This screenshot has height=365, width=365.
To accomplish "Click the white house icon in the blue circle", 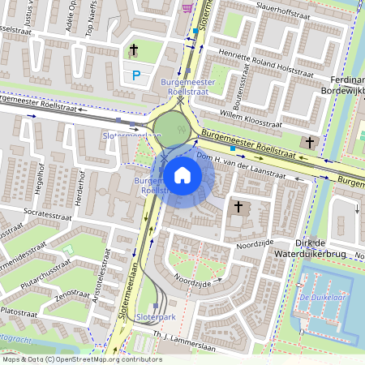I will coord(182,174).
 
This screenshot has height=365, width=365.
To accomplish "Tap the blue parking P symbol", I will coord(136,75).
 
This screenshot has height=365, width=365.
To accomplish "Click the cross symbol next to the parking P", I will coord(135,51).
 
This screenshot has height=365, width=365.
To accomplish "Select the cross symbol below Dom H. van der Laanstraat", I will coord(238,207).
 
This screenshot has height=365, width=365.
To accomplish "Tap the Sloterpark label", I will coord(157,316).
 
